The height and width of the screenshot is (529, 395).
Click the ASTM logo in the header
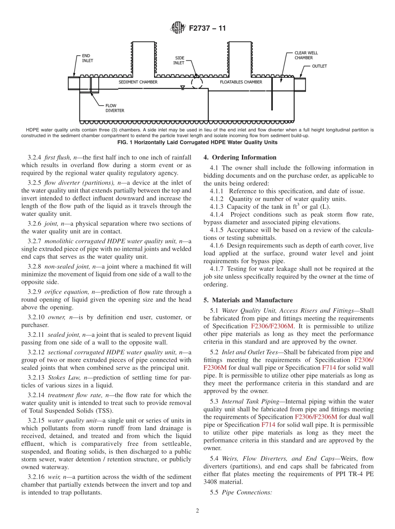[178, 29]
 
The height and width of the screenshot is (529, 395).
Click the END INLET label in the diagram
[87, 58]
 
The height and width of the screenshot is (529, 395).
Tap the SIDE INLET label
[179, 61]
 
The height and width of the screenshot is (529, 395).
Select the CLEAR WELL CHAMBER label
[306, 55]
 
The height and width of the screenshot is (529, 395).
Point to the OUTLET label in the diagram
[319, 66]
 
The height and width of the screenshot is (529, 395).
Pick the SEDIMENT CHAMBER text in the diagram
[138, 82]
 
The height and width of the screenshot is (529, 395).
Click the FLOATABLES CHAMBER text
[241, 82]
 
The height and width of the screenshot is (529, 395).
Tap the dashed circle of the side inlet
[197, 83]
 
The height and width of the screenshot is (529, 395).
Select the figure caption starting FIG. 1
[197, 142]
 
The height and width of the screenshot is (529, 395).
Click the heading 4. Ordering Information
[240, 158]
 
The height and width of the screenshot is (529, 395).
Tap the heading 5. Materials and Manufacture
[248, 300]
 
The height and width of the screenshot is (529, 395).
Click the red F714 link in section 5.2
[328, 368]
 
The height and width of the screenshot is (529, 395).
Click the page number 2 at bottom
[197, 511]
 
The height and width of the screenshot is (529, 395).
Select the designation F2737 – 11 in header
[207, 29]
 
